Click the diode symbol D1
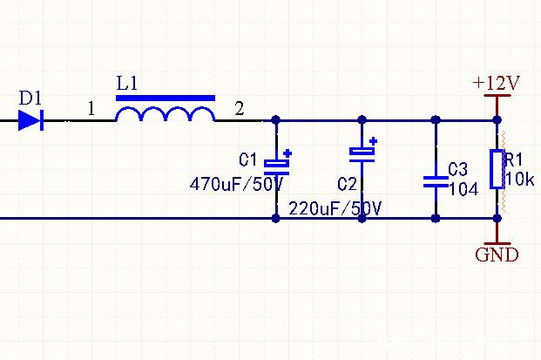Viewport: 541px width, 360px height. point(30,119)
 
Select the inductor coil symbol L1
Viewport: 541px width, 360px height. point(166,115)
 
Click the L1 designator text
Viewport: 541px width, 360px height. point(127,84)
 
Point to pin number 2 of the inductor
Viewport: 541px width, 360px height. point(240,109)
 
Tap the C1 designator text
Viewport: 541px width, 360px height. point(248,160)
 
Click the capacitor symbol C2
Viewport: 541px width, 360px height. point(362,153)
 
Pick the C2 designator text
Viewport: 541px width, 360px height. point(347,184)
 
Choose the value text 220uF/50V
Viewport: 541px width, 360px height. point(335,209)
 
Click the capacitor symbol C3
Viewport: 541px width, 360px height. point(435,181)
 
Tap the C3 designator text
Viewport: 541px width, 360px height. point(457,169)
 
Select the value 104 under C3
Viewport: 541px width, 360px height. point(462,188)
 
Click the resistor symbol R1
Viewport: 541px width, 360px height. point(497,169)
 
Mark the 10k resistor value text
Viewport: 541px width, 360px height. point(519,180)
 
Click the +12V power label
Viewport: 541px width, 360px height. point(496,84)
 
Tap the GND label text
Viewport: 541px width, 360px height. point(497,255)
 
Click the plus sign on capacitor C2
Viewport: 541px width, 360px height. point(373,140)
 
